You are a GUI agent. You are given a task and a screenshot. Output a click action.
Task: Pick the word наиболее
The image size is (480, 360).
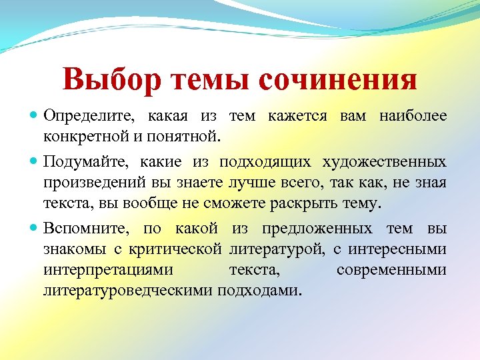413,117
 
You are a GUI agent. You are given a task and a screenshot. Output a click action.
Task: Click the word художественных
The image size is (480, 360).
385,163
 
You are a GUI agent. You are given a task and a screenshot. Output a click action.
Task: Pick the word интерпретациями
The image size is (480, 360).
107,270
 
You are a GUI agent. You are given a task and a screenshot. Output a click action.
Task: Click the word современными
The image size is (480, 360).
391,270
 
